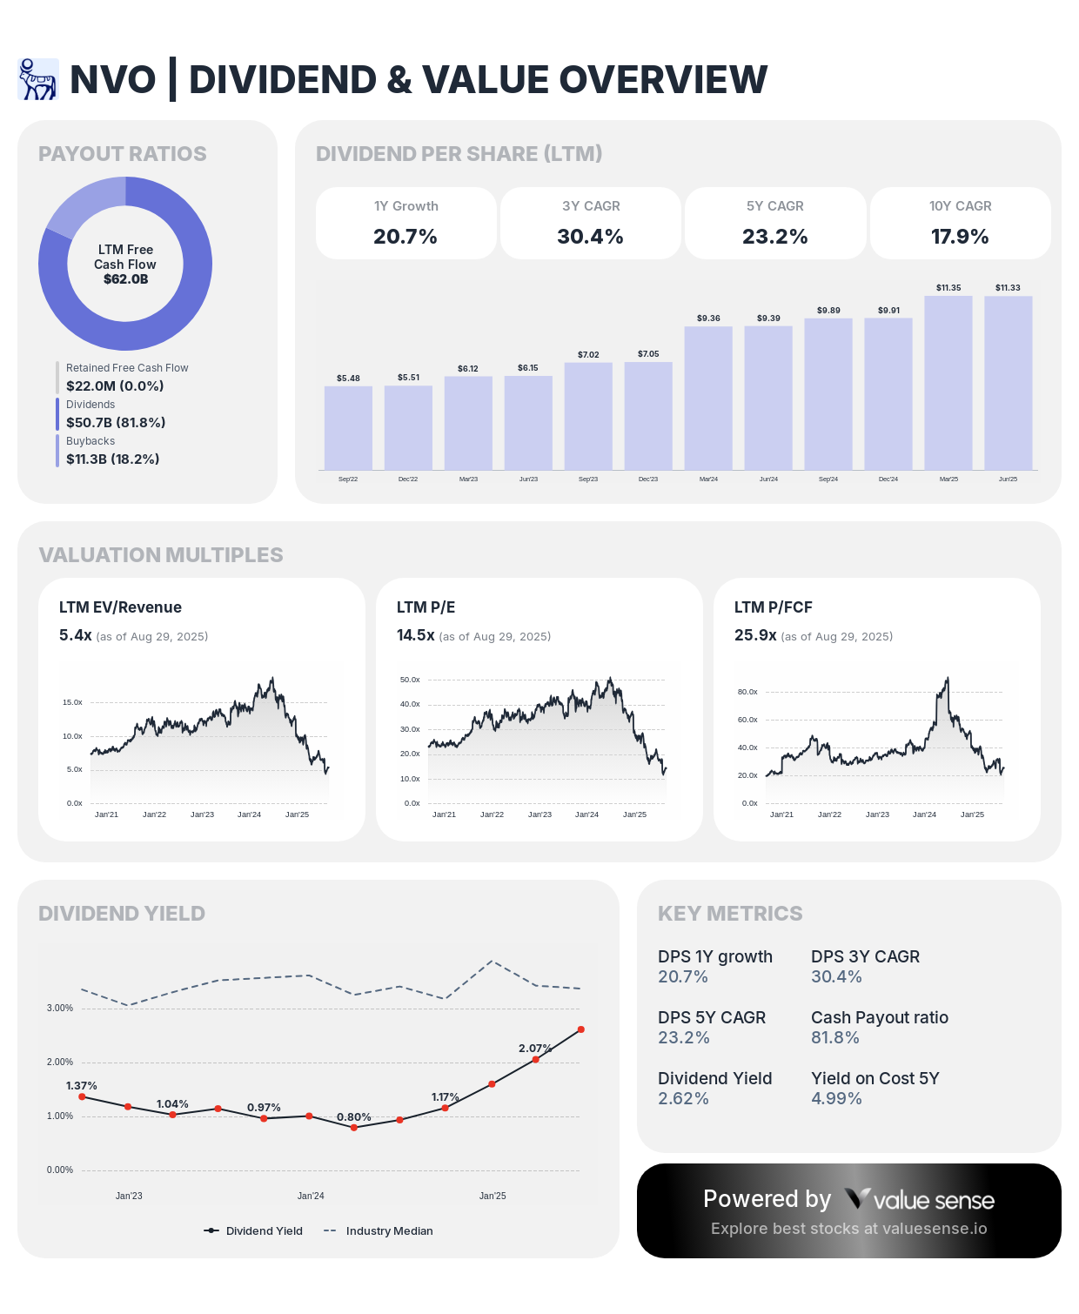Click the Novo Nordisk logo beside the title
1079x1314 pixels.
pos(38,79)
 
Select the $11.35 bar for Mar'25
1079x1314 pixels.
pos(948,383)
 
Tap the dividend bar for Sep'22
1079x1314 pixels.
pos(348,428)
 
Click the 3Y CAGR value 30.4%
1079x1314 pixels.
pos(590,237)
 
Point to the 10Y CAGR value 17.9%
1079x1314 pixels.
pos(960,237)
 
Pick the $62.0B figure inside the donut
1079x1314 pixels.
pos(125,279)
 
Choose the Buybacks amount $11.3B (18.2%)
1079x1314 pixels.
pos(113,459)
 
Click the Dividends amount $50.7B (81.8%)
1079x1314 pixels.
pos(116,422)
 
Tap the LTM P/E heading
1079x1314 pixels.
pos(426,607)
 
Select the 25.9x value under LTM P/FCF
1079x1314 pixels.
pos(755,635)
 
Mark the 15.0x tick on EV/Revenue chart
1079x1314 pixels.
pos(72,702)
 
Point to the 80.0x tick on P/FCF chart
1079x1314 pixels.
pos(747,692)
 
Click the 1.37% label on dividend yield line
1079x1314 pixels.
pos(82,1086)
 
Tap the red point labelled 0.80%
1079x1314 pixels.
pos(354,1127)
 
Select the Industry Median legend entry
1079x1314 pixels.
pos(389,1230)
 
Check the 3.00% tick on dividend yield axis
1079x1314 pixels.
pos(60,1008)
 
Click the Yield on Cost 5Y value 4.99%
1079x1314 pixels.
pos(836,1098)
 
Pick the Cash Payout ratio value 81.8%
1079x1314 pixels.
pos(835,1037)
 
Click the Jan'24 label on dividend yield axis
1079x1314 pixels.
pos(311,1196)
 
